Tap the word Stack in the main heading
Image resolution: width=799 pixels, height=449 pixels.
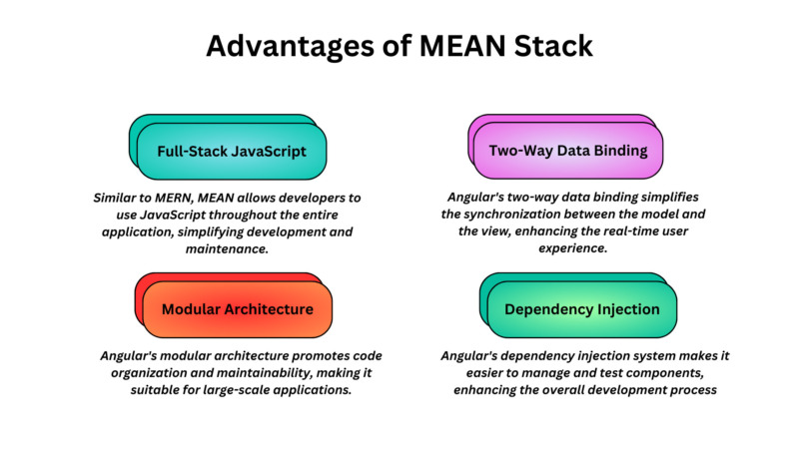pos(554,47)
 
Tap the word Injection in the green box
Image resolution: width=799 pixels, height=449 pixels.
pos(626,309)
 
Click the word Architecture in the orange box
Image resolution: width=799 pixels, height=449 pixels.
pos(267,309)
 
